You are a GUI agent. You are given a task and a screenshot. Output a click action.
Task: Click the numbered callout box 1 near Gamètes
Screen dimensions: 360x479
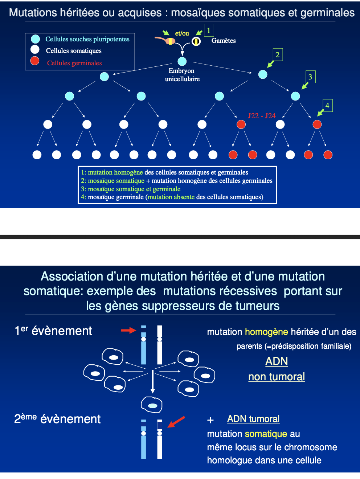click(x=209, y=30)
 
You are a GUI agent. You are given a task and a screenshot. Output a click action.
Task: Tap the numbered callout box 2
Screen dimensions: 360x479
click(x=277, y=55)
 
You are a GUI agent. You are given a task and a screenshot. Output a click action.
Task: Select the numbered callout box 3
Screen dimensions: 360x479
click(x=310, y=77)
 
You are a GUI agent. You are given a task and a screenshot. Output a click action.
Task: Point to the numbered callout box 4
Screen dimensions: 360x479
click(x=327, y=106)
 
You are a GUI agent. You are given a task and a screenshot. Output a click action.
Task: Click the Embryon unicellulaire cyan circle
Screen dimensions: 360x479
click(x=182, y=61)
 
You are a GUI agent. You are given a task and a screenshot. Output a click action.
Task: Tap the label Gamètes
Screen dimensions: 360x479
click(x=224, y=41)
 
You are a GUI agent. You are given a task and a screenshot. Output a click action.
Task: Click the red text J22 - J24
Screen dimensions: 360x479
click(x=262, y=116)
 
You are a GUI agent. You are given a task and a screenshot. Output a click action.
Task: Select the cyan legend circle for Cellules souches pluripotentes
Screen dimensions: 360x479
click(x=35, y=39)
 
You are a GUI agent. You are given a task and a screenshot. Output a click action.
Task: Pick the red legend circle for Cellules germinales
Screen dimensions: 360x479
click(x=35, y=61)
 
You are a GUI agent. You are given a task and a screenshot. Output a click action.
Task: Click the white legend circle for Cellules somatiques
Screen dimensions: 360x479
click(x=35, y=49)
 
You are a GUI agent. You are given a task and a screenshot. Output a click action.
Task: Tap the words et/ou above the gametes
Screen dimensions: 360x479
click(x=182, y=33)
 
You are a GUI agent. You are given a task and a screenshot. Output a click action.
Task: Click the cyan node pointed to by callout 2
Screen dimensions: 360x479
click(x=263, y=74)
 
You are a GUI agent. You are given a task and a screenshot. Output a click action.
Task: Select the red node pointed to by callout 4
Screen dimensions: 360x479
click(x=317, y=124)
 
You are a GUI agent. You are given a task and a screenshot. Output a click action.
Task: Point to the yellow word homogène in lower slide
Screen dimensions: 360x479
click(x=266, y=332)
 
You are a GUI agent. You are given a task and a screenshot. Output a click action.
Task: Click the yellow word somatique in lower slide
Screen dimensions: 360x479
click(x=266, y=434)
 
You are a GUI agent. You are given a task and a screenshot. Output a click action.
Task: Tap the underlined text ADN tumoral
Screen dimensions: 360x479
click(x=253, y=419)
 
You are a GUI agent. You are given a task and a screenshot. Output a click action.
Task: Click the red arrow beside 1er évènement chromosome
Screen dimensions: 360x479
click(x=128, y=330)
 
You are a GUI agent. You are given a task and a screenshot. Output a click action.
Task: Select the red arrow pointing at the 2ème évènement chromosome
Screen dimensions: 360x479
click(x=176, y=422)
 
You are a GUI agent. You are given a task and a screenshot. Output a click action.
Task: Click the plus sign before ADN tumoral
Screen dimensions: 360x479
click(x=210, y=420)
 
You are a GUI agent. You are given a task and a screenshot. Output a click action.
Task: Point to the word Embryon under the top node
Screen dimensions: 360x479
click(x=181, y=71)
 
